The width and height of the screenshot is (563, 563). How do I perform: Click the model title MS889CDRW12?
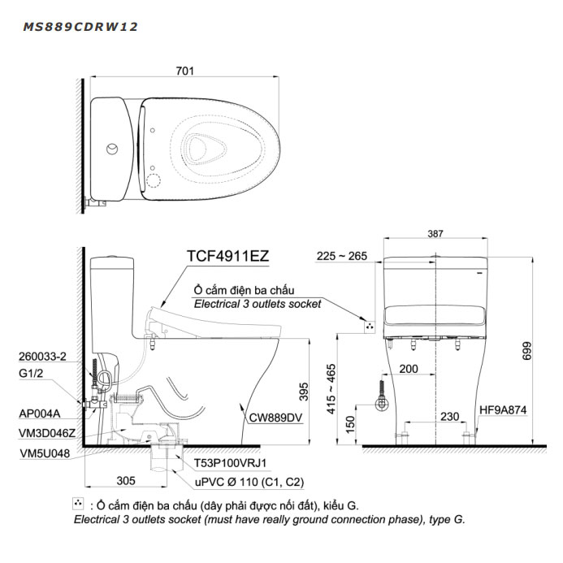click(x=80, y=27)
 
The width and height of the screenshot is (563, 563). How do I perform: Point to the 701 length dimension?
click(x=184, y=71)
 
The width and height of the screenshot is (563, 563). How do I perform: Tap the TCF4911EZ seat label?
click(x=228, y=256)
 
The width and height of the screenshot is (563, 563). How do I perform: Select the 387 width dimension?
click(x=435, y=234)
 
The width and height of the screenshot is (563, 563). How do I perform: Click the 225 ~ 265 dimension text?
click(x=342, y=256)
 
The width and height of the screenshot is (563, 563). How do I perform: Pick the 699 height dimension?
click(x=526, y=351)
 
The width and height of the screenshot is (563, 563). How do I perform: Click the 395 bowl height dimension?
click(x=304, y=392)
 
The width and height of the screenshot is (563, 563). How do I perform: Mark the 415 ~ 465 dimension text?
click(x=331, y=389)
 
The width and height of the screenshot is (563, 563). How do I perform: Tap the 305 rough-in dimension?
click(x=126, y=480)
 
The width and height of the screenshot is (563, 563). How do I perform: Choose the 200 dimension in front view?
click(x=409, y=369)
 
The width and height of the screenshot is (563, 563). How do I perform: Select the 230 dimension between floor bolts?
click(x=449, y=417)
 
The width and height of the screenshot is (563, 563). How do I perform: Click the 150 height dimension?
click(x=350, y=425)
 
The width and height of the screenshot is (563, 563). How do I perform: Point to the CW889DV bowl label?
click(x=275, y=418)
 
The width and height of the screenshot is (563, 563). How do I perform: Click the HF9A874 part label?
click(x=503, y=409)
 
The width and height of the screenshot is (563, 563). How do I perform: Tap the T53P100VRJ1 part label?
click(x=230, y=463)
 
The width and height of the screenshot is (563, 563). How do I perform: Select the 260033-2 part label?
click(x=42, y=356)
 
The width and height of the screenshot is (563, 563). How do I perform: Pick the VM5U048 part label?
click(x=45, y=453)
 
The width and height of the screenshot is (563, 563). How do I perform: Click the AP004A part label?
click(x=40, y=414)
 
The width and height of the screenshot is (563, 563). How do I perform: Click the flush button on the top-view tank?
click(x=112, y=149)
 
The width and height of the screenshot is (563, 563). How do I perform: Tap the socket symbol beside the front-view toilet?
click(x=370, y=327)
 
